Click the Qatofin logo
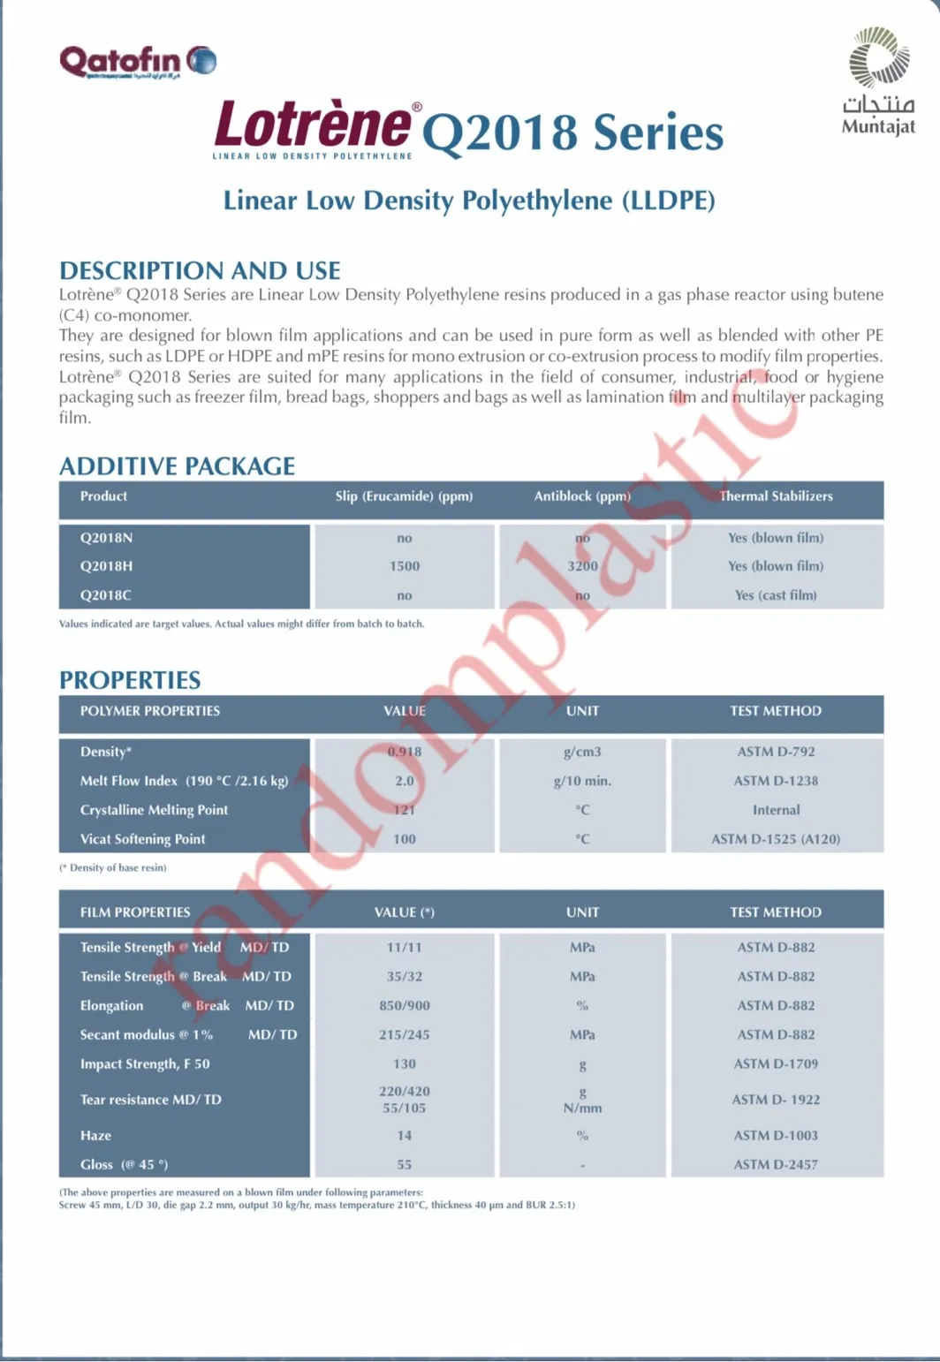tap(137, 61)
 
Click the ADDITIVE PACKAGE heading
tap(177, 465)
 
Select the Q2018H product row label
tap(106, 566)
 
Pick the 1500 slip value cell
tap(405, 566)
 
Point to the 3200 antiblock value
tap(582, 566)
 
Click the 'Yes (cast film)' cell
tap(776, 595)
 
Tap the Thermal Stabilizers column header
tap(776, 496)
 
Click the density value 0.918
tap(405, 752)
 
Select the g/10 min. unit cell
tap(582, 781)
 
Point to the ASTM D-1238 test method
tap(776, 781)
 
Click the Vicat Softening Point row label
tap(142, 839)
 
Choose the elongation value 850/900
tap(405, 1005)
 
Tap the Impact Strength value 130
tap(405, 1063)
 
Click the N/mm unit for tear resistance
tap(582, 1108)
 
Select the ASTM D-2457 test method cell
tap(776, 1164)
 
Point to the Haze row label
tap(95, 1135)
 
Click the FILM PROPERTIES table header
tap(135, 912)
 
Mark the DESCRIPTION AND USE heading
tap(200, 270)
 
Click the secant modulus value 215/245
tap(405, 1034)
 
